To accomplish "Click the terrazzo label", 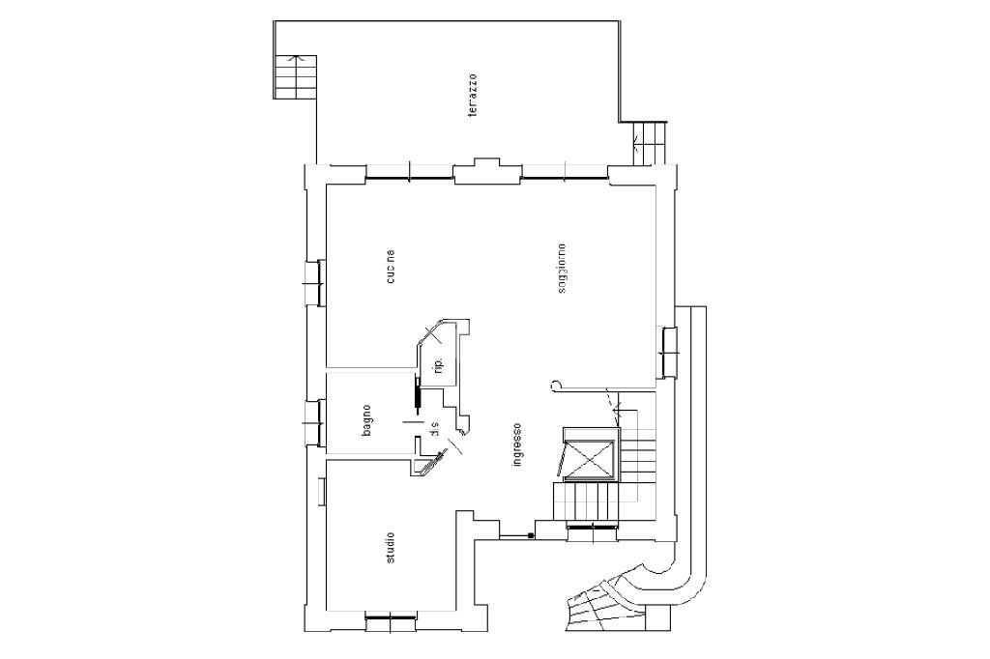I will coord(473,96).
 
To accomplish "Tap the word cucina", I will coord(390,268).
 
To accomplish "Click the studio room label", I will coord(390,548).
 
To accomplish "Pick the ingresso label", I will coord(517,445).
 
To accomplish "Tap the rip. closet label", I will coord(437,365).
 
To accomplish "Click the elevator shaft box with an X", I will coord(589,458).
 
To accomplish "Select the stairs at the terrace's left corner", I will coord(294,74).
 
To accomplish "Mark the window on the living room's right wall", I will coord(667,353).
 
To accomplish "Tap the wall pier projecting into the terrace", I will coord(487,169).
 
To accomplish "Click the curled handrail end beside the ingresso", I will coord(556,385).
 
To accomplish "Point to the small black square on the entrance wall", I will coord(530,535).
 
